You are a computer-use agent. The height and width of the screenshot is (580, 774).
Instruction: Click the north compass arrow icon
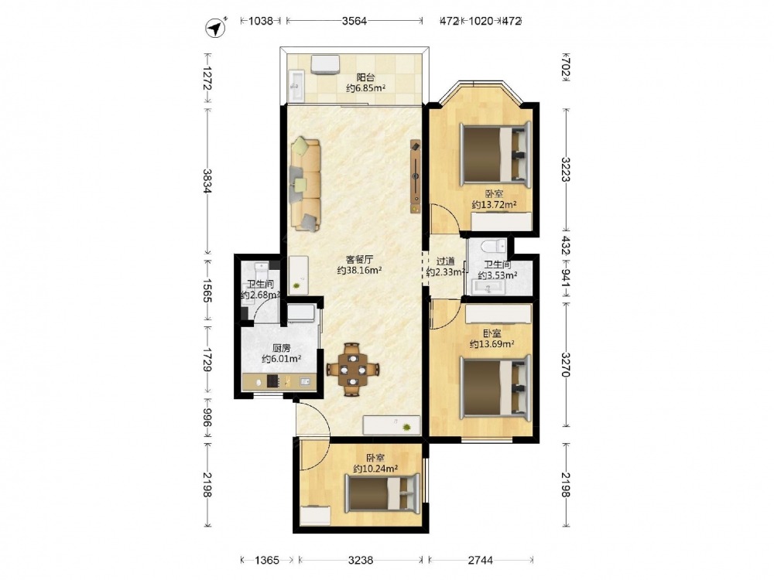216,28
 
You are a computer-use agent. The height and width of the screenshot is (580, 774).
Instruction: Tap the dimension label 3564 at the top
354,21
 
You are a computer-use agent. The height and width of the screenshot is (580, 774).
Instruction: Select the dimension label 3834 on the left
207,180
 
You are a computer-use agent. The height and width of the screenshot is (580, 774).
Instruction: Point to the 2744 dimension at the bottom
481,560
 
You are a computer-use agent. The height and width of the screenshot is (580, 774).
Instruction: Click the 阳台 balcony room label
366,77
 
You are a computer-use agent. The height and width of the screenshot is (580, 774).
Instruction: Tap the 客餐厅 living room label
359,259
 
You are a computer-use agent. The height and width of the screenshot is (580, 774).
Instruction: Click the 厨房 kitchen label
281,348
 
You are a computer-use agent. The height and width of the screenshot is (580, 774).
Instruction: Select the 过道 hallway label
445,261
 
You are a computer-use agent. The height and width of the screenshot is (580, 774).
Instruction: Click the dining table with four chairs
352,369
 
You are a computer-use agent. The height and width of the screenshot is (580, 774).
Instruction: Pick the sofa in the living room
306,185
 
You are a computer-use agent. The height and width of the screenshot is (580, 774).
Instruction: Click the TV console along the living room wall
416,176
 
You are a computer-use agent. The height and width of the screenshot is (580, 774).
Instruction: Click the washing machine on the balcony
325,65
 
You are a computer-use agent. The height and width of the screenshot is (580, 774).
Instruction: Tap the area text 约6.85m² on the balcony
366,88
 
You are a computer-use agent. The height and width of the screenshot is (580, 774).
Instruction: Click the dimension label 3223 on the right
566,169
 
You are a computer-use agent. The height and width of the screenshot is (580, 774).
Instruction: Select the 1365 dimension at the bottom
266,560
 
